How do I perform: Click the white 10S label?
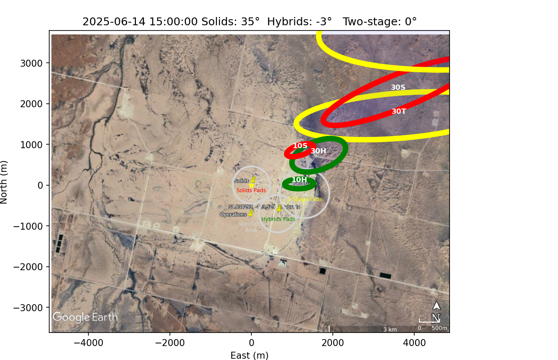(x=300, y=146)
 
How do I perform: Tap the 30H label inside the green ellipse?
(x=318, y=151)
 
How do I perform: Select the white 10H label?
(x=299, y=180)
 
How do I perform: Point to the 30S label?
(x=398, y=88)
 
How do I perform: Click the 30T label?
(x=399, y=112)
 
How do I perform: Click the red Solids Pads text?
(x=251, y=190)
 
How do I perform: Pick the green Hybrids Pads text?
(x=278, y=219)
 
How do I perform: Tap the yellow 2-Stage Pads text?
(x=304, y=199)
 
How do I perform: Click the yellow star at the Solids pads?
(x=251, y=185)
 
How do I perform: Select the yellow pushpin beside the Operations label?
(x=250, y=213)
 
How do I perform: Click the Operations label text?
(x=233, y=214)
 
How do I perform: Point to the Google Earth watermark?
(x=85, y=317)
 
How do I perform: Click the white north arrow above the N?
(x=436, y=306)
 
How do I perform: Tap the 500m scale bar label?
(x=440, y=328)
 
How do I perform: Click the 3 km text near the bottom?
(x=390, y=329)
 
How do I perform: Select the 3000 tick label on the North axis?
(x=31, y=63)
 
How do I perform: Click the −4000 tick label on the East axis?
(x=88, y=343)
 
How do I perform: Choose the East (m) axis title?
(x=250, y=356)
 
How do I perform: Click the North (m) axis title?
(x=4, y=182)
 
